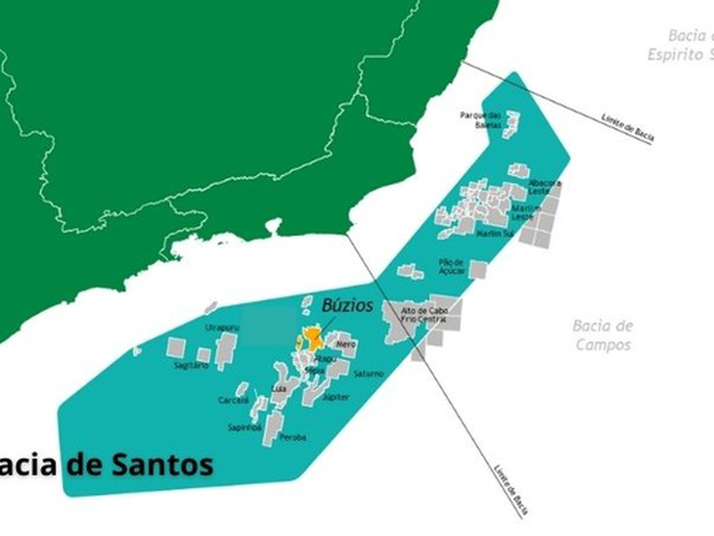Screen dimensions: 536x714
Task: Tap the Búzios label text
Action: [347, 306]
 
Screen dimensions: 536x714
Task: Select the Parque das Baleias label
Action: [481, 118]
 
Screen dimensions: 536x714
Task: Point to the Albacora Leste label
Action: [545, 186]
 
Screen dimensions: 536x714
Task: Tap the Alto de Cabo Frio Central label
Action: [424, 316]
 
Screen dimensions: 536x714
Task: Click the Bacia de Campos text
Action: [602, 335]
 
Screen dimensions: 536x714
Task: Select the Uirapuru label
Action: [220, 328]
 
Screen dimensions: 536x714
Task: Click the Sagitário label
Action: [192, 365]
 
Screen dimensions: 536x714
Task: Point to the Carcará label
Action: [234, 400]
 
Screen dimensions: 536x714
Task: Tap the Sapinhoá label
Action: [245, 427]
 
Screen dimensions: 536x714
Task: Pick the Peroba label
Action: [292, 436]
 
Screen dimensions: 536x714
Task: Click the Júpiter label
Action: [335, 397]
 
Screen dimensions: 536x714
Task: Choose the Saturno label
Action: [369, 374]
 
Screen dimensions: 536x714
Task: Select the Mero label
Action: [345, 344]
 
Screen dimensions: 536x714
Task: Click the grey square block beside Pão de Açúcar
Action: [477, 269]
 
